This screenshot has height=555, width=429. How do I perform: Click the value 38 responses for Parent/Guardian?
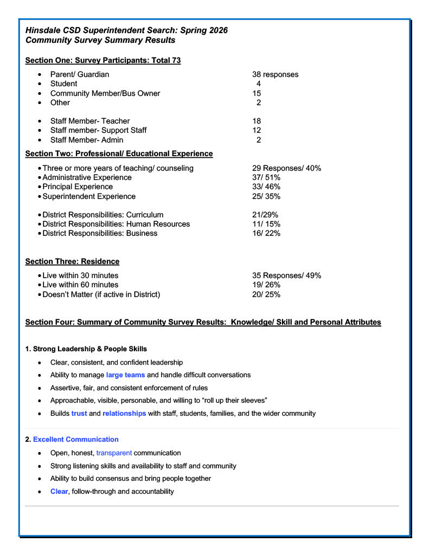tap(275, 74)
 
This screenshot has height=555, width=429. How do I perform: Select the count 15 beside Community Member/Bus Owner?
tap(257, 93)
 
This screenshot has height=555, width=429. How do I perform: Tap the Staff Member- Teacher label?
tap(90, 121)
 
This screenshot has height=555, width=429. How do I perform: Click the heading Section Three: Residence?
tap(72, 261)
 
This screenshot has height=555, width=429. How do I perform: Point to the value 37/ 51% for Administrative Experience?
tap(266, 177)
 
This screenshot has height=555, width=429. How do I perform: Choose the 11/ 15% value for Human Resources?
tap(266, 224)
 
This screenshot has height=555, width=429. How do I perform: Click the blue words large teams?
tap(125, 375)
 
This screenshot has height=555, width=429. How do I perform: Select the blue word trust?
tap(79, 414)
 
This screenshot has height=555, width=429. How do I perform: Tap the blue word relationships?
tap(124, 414)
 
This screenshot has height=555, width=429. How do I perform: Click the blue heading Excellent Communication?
tap(75, 439)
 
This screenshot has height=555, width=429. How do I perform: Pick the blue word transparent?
tap(114, 453)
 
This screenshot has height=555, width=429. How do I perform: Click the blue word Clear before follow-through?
tap(59, 492)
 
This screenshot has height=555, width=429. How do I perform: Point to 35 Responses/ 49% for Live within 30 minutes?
tap(287, 275)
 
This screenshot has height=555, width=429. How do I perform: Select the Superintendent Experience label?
tap(89, 196)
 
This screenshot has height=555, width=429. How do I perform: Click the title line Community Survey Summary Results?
tap(100, 40)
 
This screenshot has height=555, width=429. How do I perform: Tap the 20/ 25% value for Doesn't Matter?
tap(266, 294)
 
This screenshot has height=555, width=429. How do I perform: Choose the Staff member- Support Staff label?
tap(98, 130)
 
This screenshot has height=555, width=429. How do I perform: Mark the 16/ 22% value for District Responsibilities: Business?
tap(266, 233)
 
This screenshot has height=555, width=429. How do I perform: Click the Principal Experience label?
tap(78, 186)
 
